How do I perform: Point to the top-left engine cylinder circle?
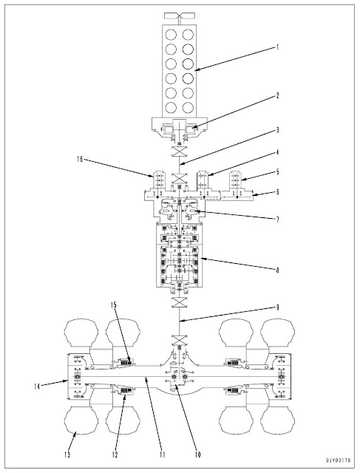click(168, 34)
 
